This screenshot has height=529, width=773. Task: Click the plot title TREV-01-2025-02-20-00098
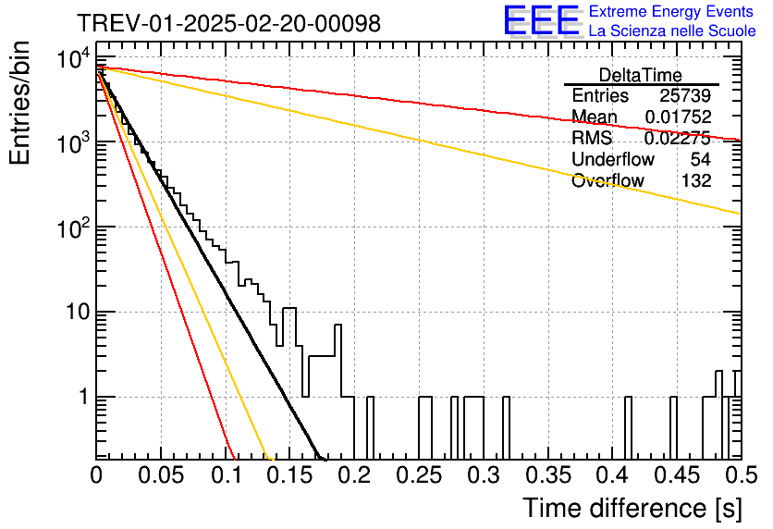tap(229, 23)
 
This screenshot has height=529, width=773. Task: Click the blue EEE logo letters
tap(541, 20)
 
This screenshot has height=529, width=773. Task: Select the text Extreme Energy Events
tap(671, 11)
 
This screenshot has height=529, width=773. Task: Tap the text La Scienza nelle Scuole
tap(672, 31)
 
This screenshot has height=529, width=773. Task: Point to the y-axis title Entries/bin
tap(20, 104)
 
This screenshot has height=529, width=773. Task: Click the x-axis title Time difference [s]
tap(632, 509)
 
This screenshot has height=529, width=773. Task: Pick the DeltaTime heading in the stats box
tap(640, 75)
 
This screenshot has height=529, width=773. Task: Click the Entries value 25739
tap(685, 95)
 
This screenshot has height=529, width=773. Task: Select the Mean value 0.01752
tap(678, 117)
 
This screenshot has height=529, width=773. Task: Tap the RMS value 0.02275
tap(678, 138)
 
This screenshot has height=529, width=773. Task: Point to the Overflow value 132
tap(696, 180)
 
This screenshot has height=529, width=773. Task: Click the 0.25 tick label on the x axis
tap(419, 475)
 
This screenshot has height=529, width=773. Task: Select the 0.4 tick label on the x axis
tap(613, 475)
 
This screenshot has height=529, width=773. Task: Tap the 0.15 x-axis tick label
tap(290, 475)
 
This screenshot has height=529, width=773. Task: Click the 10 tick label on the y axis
tap(78, 312)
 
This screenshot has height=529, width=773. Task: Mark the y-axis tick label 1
tap(84, 397)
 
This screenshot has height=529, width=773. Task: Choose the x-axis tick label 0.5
tap(742, 475)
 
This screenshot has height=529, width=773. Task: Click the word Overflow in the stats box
tap(607, 180)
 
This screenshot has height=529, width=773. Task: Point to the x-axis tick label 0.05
tap(161, 475)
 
